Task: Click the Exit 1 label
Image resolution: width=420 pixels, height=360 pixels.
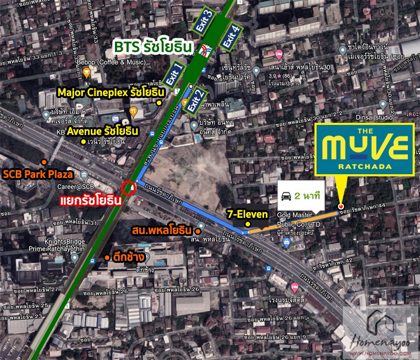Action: [175, 75]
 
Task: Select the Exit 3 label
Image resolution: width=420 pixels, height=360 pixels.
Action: [208, 22]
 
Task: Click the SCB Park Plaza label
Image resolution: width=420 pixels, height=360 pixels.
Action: [40, 174]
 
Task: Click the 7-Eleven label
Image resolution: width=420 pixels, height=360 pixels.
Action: [248, 214]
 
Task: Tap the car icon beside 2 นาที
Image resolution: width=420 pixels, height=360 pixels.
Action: [287, 197]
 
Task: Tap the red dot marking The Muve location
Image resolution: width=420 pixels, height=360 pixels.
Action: [341, 206]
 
